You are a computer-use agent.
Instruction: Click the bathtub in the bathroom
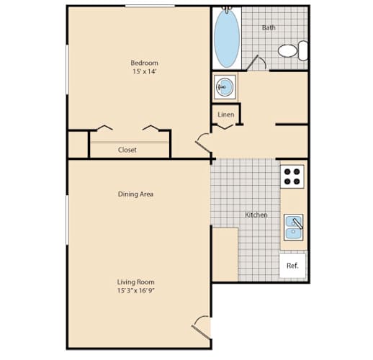click(227, 38)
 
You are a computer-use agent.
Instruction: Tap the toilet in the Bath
click(293, 50)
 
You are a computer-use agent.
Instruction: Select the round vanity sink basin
click(225, 87)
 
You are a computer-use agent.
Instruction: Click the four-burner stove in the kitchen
click(292, 176)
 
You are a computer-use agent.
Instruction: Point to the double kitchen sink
click(293, 227)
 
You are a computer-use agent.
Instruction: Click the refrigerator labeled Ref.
click(292, 266)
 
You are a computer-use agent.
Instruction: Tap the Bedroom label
click(144, 63)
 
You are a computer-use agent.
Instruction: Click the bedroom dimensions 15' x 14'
click(145, 71)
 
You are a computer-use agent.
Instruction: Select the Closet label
click(127, 150)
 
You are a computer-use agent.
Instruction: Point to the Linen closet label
click(226, 114)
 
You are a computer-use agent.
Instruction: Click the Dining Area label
click(135, 194)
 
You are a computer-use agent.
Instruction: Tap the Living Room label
click(135, 282)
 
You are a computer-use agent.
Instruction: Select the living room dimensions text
click(135, 290)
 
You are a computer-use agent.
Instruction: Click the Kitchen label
click(256, 215)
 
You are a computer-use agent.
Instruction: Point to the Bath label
click(269, 27)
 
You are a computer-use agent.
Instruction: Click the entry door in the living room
click(201, 328)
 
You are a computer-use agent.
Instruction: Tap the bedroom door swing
click(203, 143)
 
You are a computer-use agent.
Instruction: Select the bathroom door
click(256, 63)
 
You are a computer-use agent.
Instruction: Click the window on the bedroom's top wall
click(150, 6)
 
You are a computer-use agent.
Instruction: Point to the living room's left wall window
click(67, 220)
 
